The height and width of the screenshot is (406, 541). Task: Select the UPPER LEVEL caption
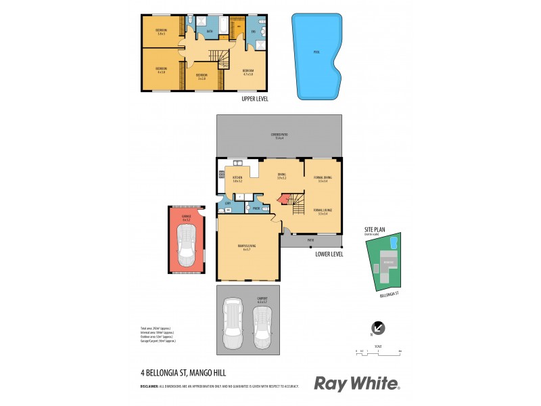point(255,99)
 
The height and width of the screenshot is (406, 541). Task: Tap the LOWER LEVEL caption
point(329,254)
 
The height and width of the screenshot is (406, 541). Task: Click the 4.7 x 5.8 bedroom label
point(248,72)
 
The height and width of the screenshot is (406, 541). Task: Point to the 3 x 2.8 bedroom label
point(201,76)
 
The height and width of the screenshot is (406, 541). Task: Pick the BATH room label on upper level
point(210,30)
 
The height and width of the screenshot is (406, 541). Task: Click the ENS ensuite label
point(254,31)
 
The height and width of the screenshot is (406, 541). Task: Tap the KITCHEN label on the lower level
point(237,179)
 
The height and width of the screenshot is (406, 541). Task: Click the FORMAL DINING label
point(323,179)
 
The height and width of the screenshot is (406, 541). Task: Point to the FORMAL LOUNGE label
point(323,212)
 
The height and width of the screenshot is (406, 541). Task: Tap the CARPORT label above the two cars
point(262,298)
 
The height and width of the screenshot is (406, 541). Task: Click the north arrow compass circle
point(378,328)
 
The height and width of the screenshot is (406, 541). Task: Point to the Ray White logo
point(356,384)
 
